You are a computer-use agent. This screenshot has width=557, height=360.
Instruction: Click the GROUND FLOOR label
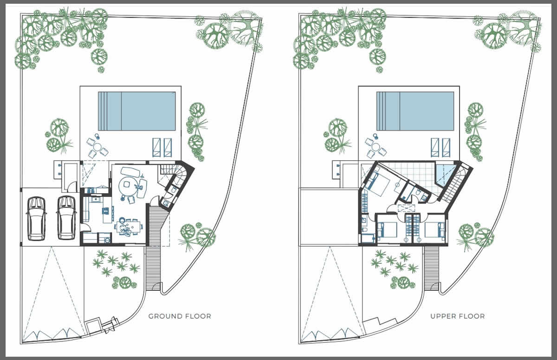180,316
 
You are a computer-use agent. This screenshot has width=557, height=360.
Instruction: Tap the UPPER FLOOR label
458,316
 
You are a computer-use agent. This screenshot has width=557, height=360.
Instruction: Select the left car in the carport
36,219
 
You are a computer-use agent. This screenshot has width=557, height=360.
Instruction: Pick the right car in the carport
66,218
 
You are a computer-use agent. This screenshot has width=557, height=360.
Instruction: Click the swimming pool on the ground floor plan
137,111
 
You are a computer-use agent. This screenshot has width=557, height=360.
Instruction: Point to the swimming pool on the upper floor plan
415,111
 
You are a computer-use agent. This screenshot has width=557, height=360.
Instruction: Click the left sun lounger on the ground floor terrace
156,148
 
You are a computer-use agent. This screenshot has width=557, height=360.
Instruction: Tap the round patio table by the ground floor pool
97,147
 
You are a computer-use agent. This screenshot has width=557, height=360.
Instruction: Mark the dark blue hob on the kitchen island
105,211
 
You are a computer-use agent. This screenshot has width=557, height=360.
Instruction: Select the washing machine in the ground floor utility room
107,240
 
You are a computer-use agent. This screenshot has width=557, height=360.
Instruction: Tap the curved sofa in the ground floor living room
130,172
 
